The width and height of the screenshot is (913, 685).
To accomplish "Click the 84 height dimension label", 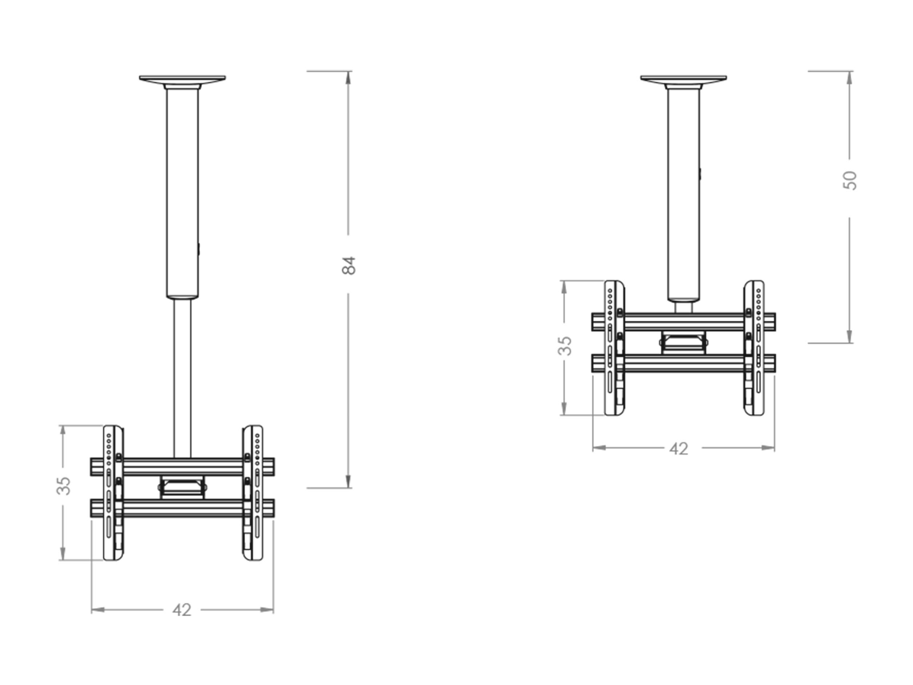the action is [349, 265].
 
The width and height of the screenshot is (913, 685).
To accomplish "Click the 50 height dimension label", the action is [850, 180].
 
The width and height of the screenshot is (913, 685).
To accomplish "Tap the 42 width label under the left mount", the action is [182, 610].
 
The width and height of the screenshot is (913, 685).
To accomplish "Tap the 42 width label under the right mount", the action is [679, 449].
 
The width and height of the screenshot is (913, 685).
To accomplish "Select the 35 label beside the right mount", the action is [565, 346].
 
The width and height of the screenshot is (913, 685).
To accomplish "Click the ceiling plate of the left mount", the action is [182, 80].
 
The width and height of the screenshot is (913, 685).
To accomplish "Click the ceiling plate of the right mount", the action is [684, 80].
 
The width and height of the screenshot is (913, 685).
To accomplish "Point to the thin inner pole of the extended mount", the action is [182, 378].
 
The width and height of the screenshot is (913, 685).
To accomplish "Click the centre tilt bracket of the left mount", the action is [182, 487].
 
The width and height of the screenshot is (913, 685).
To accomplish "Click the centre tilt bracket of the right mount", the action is [684, 343].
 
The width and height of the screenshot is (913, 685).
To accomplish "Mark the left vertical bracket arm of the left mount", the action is [113, 493].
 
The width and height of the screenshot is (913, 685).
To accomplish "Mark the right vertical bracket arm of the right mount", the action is [754, 348].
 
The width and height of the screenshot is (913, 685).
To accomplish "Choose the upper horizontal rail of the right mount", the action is [684, 322].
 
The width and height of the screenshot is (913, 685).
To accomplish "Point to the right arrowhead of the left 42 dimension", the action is [267, 610].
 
